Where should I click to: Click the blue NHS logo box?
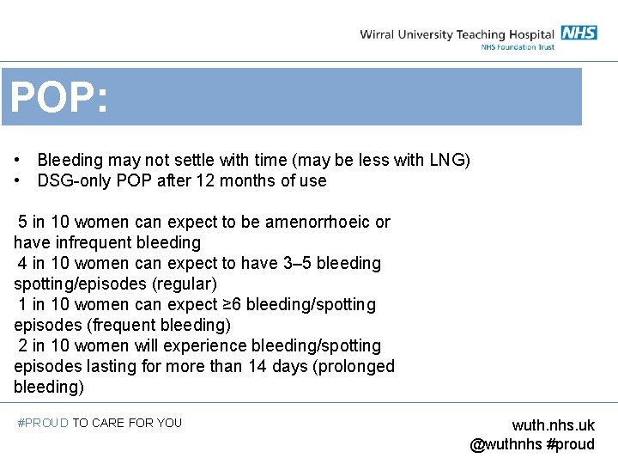click(579, 34)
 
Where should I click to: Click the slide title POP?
click(58, 99)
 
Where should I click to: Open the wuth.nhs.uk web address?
click(553, 425)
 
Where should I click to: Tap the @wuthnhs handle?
click(506, 444)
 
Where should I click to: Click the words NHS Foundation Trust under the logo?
click(518, 46)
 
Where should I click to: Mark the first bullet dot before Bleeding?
click(18, 161)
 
